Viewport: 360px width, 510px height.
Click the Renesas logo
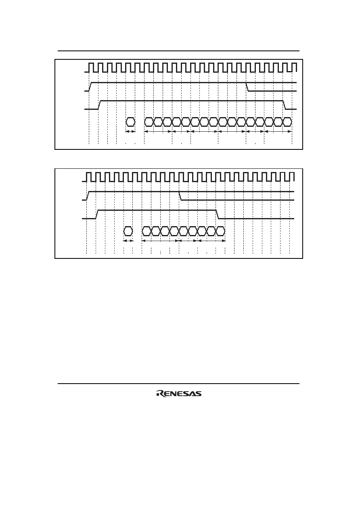point(179,394)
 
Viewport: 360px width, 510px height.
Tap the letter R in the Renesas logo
point(159,394)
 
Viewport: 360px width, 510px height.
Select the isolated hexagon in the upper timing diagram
point(130,122)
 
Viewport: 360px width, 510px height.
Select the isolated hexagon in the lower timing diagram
point(128,231)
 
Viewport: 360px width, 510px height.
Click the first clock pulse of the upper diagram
point(91,67)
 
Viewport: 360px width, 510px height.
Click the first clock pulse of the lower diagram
point(89,177)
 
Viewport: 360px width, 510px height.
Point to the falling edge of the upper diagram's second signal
point(247,87)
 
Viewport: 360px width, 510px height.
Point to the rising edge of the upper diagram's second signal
point(90,87)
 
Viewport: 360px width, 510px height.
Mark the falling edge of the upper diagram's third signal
point(285,105)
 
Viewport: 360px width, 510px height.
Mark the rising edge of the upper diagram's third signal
point(99,105)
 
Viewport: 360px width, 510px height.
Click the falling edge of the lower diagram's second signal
point(180,196)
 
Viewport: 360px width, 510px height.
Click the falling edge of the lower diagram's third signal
point(217,214)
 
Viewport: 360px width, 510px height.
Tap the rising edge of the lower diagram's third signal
point(97,214)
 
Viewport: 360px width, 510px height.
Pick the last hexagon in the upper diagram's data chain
point(287,122)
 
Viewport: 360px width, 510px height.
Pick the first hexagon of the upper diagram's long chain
point(149,122)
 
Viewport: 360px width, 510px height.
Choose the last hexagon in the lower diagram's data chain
point(220,231)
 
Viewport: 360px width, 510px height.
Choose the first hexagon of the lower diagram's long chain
point(147,231)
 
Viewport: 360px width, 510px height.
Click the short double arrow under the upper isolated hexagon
point(130,131)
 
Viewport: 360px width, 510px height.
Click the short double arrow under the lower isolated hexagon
point(128,241)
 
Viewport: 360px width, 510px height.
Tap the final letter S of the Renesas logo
point(199,394)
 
